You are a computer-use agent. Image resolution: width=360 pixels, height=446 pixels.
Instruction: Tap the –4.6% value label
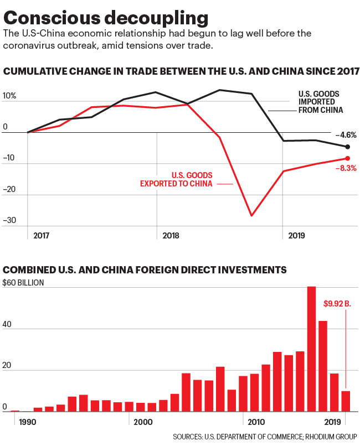click(346, 135)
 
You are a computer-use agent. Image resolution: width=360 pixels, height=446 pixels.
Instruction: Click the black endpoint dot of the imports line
click(347, 147)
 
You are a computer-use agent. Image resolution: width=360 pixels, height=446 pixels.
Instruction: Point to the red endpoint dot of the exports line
click(347, 159)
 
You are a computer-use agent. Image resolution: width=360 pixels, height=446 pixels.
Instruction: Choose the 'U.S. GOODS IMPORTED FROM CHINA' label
click(320, 102)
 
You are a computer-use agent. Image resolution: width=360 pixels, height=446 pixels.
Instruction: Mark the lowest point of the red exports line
click(251, 215)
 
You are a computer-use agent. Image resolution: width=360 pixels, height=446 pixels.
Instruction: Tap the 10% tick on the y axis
click(10, 96)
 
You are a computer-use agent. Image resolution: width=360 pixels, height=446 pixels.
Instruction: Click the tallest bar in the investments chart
click(311, 349)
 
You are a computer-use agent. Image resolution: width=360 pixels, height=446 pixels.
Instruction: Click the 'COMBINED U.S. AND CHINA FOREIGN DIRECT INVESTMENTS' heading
click(145, 270)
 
